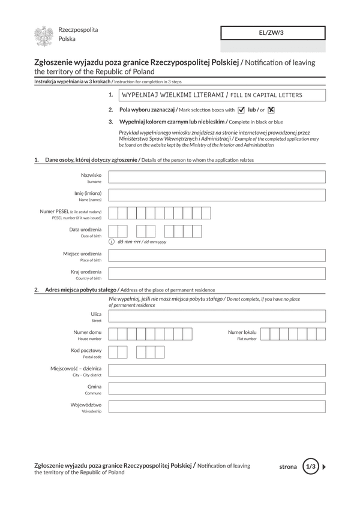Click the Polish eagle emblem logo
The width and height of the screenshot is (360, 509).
tap(43, 36)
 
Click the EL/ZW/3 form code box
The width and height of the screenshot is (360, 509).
tap(273, 33)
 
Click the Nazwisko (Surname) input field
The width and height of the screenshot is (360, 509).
tap(217, 177)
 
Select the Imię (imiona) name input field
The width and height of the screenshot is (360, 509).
tap(217, 195)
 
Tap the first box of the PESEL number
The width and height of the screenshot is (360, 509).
tap(113, 213)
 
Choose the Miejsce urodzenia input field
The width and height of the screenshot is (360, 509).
tap(217, 256)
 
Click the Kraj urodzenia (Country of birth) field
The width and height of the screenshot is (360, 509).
tap(217, 274)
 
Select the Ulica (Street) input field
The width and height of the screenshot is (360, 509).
tap(217, 316)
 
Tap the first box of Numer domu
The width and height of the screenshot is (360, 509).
tap(113, 334)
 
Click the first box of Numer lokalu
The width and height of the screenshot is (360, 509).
tap(266, 334)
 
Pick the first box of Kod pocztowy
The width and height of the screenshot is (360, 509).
tap(113, 352)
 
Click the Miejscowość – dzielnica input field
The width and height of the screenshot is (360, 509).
tap(217, 371)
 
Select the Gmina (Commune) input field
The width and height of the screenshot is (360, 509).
tap(217, 388)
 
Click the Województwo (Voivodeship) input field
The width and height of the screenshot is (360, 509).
tap(217, 406)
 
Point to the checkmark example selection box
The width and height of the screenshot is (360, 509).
tap(241, 110)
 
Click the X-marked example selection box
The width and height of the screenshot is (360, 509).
tap(271, 110)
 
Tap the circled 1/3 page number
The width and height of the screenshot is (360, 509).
tap(310, 466)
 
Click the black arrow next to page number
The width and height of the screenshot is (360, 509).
tap(325, 466)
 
